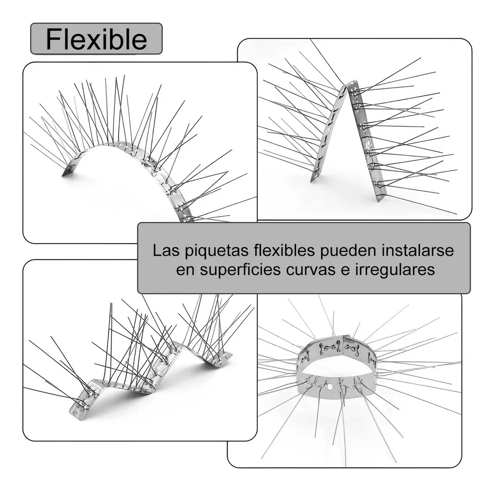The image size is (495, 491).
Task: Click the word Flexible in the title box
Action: [x=97, y=39]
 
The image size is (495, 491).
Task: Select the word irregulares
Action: [x=395, y=271]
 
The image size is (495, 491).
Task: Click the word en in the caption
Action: [x=186, y=271]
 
